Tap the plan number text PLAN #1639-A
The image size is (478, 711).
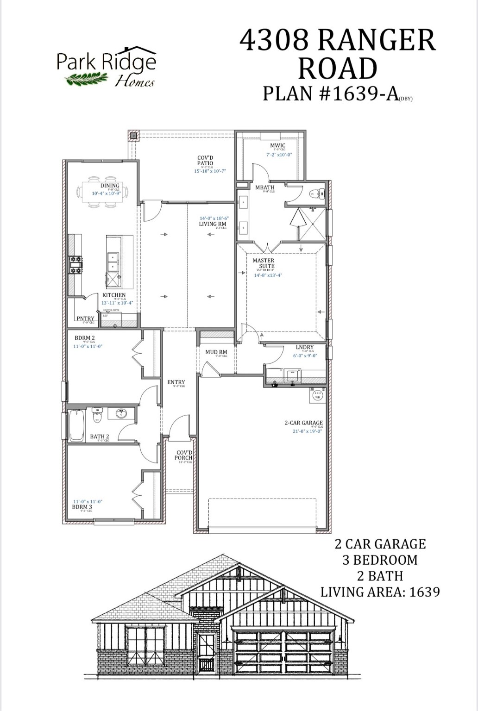pos(331,93)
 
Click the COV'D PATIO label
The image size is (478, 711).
pos(205,161)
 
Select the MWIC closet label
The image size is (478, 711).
pos(277,145)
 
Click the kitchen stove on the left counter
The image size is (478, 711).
pos(75,265)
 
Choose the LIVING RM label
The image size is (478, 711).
pos(213,224)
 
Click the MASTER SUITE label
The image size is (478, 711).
pos(263,263)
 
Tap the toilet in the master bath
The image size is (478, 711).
pos(317,193)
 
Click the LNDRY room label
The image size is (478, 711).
pos(304,347)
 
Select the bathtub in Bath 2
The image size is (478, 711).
pos(76,425)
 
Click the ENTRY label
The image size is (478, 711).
pos(176,382)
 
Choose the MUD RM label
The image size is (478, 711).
pos(216,352)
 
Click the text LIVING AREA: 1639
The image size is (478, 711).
pos(380,592)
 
